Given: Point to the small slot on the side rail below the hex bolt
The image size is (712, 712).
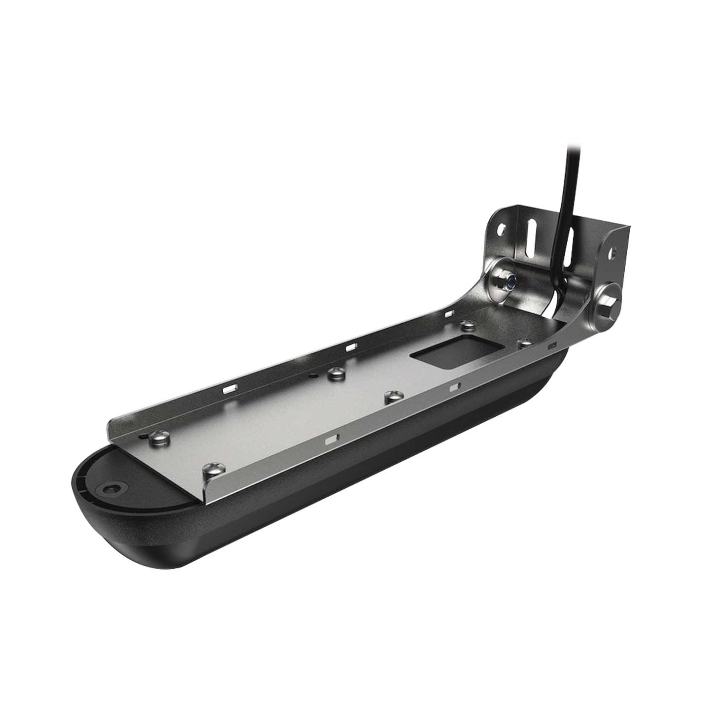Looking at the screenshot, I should point(552,347).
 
